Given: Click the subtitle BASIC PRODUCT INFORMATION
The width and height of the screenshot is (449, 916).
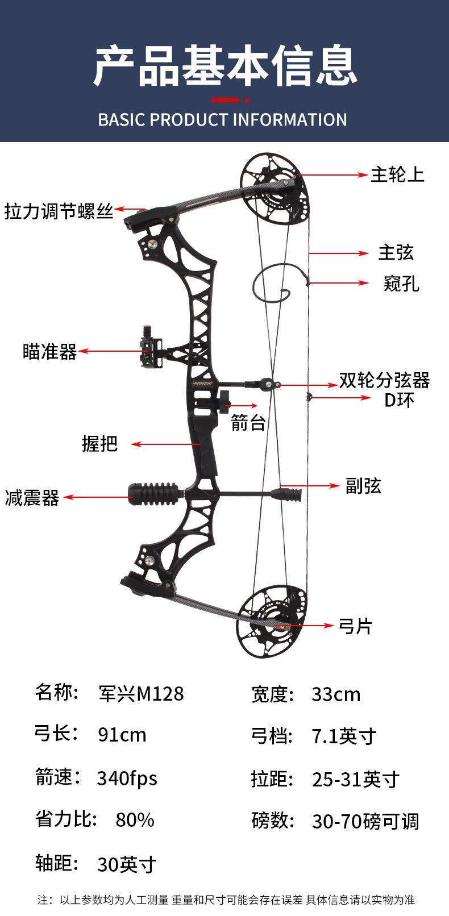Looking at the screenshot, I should click(x=222, y=120).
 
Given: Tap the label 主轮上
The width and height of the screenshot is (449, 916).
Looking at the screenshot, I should click(x=397, y=174).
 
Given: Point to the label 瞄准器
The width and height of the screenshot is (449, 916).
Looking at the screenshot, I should click(x=49, y=352).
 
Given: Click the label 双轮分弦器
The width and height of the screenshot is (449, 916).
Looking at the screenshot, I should click(x=384, y=380).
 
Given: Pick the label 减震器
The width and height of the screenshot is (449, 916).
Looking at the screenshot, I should click(x=32, y=498).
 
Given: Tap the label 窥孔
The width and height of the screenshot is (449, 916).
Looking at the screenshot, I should click(x=401, y=283).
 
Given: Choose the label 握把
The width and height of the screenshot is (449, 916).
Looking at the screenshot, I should click(x=100, y=444).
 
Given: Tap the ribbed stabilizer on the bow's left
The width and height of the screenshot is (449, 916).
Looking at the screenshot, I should click(x=152, y=493).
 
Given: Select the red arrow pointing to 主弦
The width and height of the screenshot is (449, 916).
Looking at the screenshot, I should click(x=339, y=253).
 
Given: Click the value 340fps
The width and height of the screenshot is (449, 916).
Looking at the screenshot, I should click(x=127, y=777).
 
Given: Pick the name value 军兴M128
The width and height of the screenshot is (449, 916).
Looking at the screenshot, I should click(x=141, y=694).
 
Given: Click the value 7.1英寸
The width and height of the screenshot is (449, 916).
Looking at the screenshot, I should click(x=344, y=736).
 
